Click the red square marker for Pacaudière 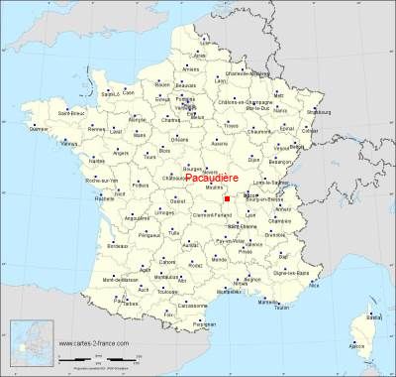tap(227, 199)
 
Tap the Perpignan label tap(204, 323)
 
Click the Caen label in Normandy tap(128, 92)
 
